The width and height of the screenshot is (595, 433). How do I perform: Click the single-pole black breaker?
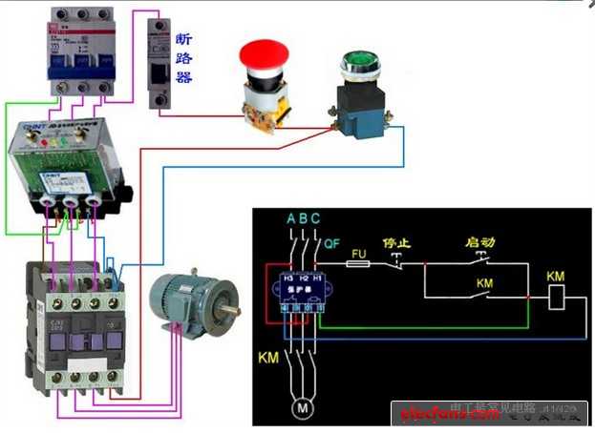[x=159, y=58]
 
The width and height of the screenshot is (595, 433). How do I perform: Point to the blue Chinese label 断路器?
[x=183, y=57]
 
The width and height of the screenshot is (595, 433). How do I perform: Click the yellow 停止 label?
[x=394, y=243]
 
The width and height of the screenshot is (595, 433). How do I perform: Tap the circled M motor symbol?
[x=303, y=408]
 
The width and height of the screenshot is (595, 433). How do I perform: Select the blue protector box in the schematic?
[x=303, y=290]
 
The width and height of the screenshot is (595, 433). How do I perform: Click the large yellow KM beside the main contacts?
[x=269, y=361]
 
